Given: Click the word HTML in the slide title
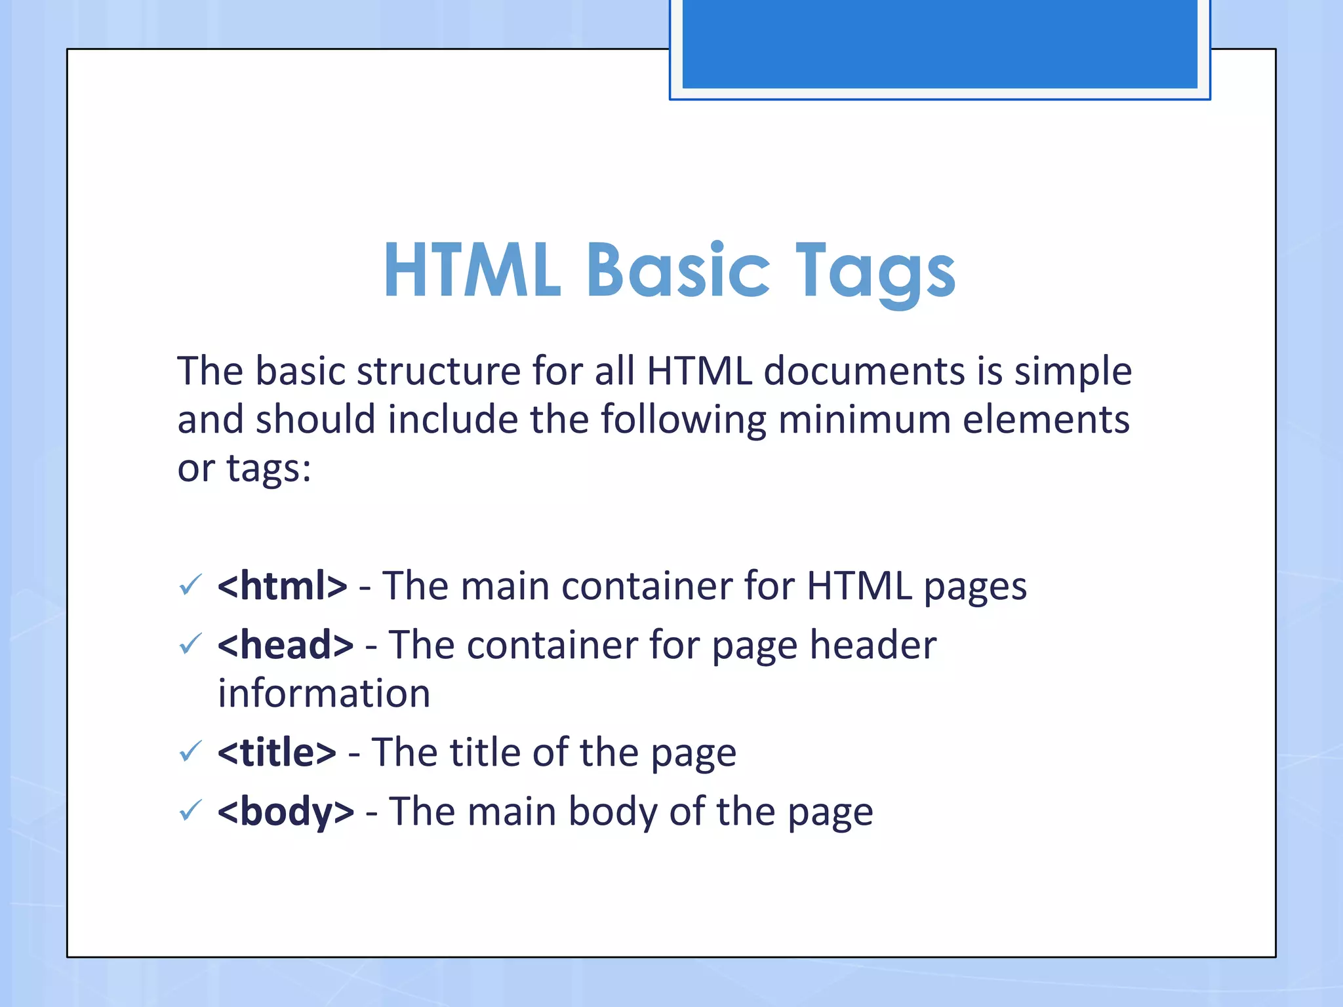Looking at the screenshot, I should (472, 270).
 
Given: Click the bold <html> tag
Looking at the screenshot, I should (282, 585).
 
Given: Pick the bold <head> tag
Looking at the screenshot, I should (286, 645).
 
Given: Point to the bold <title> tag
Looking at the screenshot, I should (277, 752).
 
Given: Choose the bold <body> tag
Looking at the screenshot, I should (286, 812).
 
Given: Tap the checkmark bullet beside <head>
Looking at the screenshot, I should (190, 644).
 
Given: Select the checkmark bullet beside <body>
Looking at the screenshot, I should (190, 811).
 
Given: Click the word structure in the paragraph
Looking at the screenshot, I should (438, 371).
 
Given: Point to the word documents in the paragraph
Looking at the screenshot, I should (864, 371).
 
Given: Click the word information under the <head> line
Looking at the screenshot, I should (324, 694).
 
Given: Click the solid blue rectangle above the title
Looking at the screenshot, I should (940, 43).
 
